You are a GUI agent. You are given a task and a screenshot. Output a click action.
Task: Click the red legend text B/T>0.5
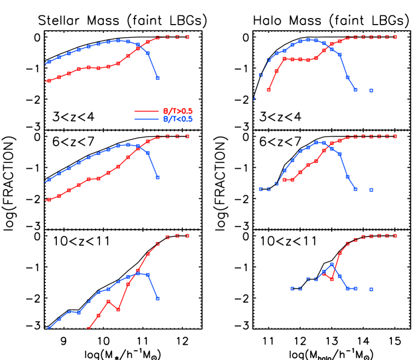tap(178, 111)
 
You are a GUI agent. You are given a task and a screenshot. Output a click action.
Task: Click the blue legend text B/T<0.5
tap(178, 119)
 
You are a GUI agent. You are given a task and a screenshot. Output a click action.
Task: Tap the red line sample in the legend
tap(146, 111)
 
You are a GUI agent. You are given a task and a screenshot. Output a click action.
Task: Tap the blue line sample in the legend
tap(146, 119)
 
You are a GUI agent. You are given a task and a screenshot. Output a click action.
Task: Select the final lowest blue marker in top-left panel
tap(157, 78)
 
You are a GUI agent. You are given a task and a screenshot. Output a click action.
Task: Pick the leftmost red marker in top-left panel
tap(49, 81)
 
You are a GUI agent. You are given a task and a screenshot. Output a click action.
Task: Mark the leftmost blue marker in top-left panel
tap(49, 62)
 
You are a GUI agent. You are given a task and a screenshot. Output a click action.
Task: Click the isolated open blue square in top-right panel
tap(371, 91)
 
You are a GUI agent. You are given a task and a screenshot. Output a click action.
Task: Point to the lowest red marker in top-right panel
tap(268, 90)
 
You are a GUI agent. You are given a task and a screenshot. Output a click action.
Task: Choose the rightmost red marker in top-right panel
tap(395, 37)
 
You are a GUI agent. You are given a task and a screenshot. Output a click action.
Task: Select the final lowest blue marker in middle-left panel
tap(157, 178)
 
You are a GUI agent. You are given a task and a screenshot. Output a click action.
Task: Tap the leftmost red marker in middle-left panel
tap(49, 200)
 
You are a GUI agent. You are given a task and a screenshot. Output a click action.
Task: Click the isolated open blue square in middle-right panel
tap(371, 190)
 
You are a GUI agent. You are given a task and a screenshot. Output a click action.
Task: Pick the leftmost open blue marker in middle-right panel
tap(261, 190)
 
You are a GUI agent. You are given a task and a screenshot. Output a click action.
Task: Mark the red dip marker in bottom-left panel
tap(118, 309)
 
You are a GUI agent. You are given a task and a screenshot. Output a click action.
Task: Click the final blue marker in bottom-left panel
tap(157, 298)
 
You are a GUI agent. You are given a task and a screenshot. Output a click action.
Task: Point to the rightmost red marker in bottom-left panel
tap(187, 236)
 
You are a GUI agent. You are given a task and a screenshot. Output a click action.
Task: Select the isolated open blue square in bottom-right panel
tap(371, 289)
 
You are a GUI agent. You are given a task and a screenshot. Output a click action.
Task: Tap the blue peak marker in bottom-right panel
tap(332, 264)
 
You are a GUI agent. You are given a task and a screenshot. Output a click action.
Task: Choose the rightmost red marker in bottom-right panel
tap(395, 236)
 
